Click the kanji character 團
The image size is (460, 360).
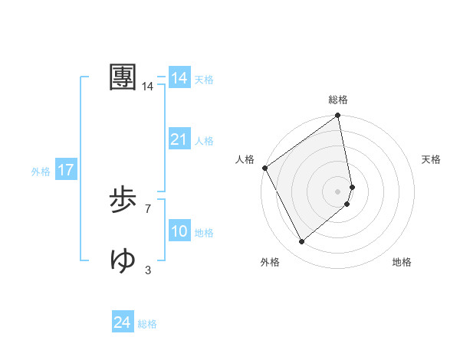pyautogui.click(x=123, y=77)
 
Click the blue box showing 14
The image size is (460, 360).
pyautogui.click(x=179, y=78)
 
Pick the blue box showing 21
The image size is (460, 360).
pyautogui.click(x=179, y=139)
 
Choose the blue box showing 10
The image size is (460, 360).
pyautogui.click(x=179, y=231)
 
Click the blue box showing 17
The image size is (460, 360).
pyautogui.click(x=66, y=170)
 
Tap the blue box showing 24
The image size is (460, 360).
pyautogui.click(x=123, y=322)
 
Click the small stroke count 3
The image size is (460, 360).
pyautogui.click(x=148, y=270)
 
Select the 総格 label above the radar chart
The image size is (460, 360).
pyautogui.click(x=338, y=100)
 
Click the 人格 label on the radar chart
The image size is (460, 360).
pyautogui.click(x=245, y=159)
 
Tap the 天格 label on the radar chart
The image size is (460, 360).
pyautogui.click(x=431, y=159)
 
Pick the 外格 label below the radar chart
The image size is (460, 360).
pyautogui.click(x=270, y=262)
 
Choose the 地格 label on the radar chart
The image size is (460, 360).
pyautogui.click(x=402, y=262)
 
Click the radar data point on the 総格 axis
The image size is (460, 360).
pyautogui.click(x=338, y=116)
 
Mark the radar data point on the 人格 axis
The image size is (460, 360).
pyautogui.click(x=264, y=168)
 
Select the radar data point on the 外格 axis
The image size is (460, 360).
pyautogui.click(x=302, y=241)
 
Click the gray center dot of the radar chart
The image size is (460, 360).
pyautogui.click(x=338, y=191)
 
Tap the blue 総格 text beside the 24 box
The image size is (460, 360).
pyautogui.click(x=147, y=324)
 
